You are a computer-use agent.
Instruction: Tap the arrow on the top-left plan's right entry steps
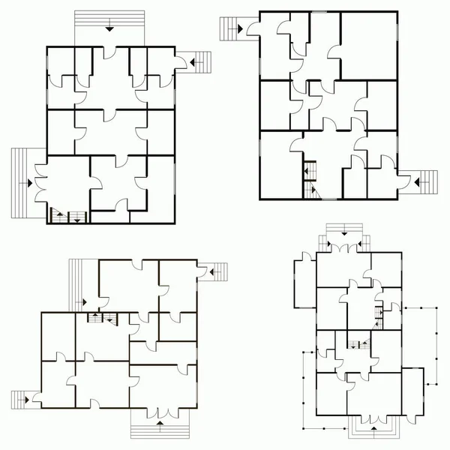pos(188,62)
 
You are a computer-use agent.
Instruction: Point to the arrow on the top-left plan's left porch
pos(28,182)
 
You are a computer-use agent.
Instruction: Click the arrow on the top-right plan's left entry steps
pos(240,28)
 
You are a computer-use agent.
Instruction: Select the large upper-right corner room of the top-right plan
pos(369,45)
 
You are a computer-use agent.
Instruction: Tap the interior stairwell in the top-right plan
pos(309,180)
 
